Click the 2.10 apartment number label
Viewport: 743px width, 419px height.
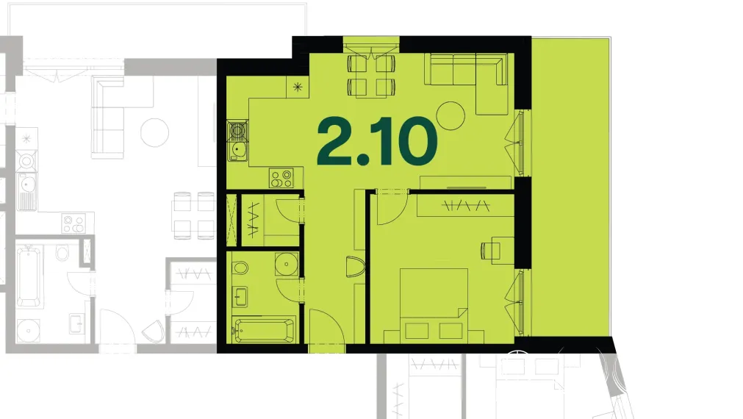click(x=377, y=141)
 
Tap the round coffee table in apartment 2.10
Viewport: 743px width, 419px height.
click(x=451, y=115)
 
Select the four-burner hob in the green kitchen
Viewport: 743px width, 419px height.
click(x=281, y=178)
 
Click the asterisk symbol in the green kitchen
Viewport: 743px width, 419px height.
click(x=298, y=87)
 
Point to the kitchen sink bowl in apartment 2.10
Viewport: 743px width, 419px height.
click(x=237, y=150)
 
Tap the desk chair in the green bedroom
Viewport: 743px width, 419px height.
click(x=487, y=250)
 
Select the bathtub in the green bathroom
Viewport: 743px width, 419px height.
click(x=265, y=330)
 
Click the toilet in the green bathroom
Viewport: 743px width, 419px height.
click(x=240, y=268)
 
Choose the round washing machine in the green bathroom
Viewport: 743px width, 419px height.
click(x=286, y=264)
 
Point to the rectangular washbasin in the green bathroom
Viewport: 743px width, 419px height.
click(x=240, y=297)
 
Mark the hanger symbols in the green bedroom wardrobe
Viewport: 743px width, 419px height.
click(x=465, y=206)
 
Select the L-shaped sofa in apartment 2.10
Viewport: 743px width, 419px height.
click(x=467, y=83)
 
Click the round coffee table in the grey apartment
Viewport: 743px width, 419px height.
click(x=154, y=132)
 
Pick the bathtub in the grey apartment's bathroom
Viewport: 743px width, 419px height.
click(x=29, y=277)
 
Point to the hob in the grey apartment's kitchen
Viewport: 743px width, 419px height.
click(x=73, y=223)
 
